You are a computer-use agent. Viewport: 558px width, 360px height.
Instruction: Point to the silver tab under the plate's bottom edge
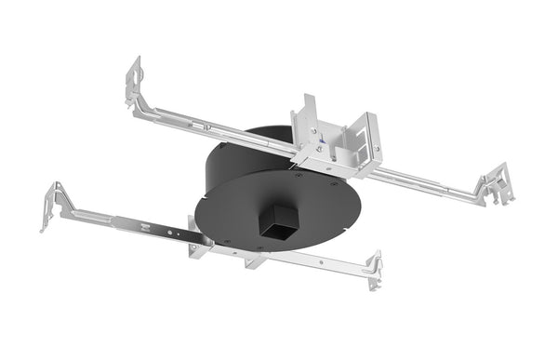(x=252, y=260)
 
